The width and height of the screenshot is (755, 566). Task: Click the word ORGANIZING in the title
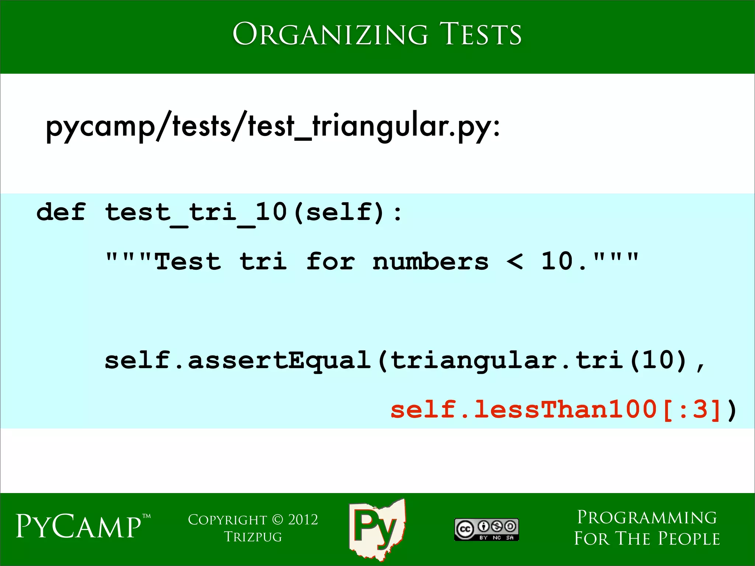point(330,34)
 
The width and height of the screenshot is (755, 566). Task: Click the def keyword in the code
point(61,213)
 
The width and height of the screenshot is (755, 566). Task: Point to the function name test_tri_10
point(196,213)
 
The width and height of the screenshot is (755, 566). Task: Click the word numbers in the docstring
point(431,262)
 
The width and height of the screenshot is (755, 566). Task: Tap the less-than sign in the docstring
point(515,262)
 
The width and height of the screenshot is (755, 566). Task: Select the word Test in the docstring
point(188,262)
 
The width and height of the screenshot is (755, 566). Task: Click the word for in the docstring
point(330,262)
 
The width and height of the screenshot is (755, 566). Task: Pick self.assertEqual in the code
point(237,361)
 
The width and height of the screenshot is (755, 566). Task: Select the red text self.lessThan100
point(523,410)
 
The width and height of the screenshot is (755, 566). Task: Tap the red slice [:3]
point(692,410)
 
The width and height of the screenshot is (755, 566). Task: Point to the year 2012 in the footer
point(303,520)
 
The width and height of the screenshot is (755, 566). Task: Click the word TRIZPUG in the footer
point(253,537)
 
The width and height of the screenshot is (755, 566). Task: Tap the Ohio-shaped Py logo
point(377,528)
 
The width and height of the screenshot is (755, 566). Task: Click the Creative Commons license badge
point(486,530)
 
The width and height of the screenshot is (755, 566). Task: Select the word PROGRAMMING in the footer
point(647,517)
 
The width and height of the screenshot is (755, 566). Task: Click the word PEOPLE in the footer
point(689,539)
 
